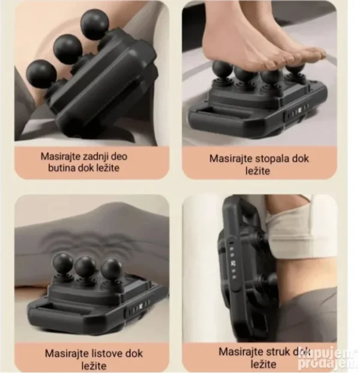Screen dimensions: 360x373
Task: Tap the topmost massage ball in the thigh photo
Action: point(94,24)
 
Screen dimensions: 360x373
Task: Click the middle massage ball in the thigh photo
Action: point(68,49)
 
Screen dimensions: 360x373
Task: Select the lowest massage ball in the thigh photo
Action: point(41,73)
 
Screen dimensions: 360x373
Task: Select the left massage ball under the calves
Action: point(62,264)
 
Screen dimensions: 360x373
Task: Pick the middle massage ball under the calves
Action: point(85,267)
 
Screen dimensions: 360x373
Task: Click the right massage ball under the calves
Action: point(111,270)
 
